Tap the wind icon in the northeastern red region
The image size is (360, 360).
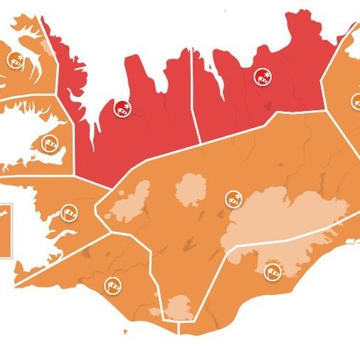click(263, 78)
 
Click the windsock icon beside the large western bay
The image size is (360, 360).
click(68, 212)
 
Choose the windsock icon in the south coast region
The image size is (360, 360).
click(113, 286)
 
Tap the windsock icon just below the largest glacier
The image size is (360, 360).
click(272, 271)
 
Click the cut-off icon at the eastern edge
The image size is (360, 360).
click(355, 101)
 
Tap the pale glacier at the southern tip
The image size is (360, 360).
click(179, 308)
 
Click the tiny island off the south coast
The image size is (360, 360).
click(126, 332)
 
